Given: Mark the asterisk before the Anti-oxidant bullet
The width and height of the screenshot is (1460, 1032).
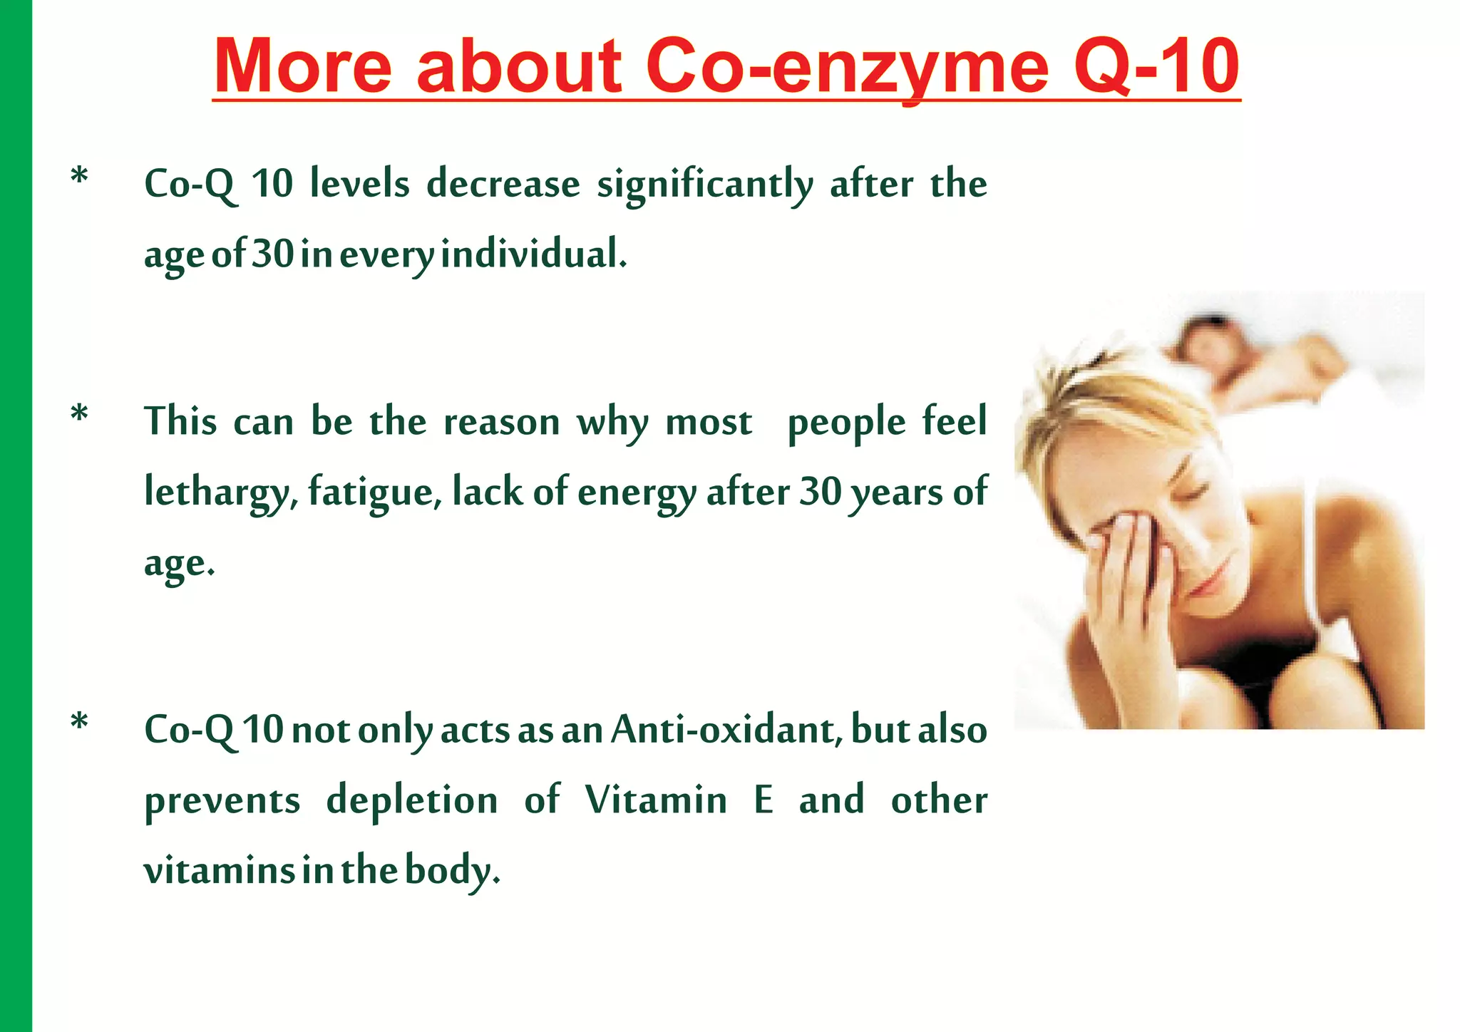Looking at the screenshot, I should (x=80, y=723).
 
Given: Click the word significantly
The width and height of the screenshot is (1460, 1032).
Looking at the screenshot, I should (x=704, y=185).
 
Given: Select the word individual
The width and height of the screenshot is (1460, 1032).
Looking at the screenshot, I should (x=533, y=254).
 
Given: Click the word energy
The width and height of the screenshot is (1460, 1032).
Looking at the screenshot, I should (x=637, y=493).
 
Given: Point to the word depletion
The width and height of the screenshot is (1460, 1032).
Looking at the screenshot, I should (x=412, y=800).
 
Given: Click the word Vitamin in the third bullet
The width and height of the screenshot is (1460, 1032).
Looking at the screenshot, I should (x=657, y=800).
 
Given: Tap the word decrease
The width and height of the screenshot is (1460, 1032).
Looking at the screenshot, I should (x=503, y=185).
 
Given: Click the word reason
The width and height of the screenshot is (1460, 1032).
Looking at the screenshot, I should (x=501, y=422).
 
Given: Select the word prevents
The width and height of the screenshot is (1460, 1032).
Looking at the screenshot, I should (x=222, y=800).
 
